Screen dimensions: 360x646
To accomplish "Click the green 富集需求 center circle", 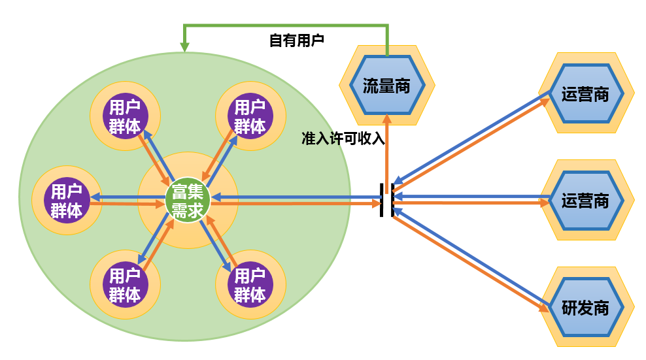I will (x=188, y=201).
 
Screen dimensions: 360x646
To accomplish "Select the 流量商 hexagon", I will (x=386, y=85).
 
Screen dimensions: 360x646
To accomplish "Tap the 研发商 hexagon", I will (x=585, y=307).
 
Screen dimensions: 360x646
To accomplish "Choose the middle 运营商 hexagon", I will (x=585, y=199).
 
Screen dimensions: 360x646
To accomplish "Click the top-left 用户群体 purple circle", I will (x=125, y=116).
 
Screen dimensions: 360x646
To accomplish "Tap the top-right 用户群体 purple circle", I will (x=250, y=116).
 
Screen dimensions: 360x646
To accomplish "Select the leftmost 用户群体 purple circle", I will (x=67, y=201).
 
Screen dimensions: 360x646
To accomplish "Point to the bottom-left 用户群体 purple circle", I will (x=125, y=285).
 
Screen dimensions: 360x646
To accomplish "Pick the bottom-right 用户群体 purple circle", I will (x=250, y=285).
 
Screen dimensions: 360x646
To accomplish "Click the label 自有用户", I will (x=297, y=41).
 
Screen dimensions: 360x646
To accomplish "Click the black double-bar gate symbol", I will (x=387, y=199).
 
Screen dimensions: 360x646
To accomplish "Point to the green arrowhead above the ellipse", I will (x=185, y=47).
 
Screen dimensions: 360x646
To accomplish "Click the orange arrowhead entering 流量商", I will (x=387, y=118).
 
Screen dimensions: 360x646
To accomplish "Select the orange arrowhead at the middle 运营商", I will (x=544, y=203).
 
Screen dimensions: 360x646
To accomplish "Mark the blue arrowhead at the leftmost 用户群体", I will (x=95, y=197).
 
